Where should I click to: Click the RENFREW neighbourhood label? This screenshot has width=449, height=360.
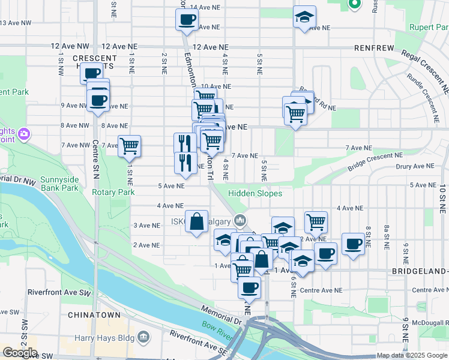coord(374,47)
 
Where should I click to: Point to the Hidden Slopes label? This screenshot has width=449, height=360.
coord(255,193)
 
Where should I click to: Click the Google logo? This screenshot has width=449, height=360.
coord(20,353)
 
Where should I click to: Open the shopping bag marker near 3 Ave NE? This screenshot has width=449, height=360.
coord(197,222)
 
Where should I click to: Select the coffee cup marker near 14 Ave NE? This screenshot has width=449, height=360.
coord(186,20)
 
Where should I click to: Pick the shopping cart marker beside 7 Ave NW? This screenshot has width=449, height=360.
coord(129,146)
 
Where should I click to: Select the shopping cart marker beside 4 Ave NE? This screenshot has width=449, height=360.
coord(316,223)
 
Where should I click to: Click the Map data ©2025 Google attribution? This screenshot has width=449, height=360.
coord(411,355)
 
